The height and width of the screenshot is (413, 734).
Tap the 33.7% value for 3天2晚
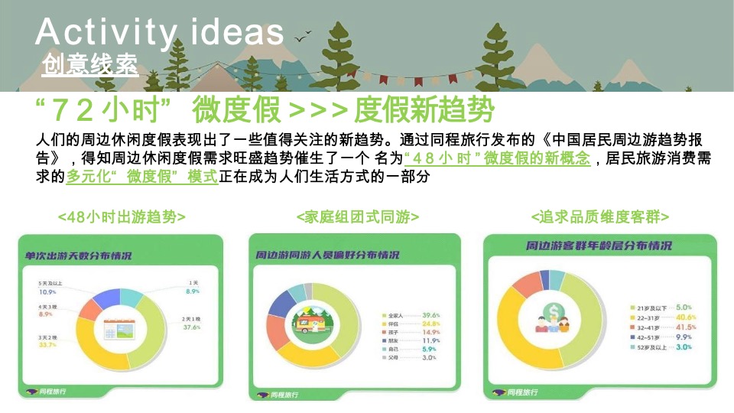pyautogui.click(x=47, y=345)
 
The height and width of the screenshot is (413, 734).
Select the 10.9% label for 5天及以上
pyautogui.click(x=47, y=292)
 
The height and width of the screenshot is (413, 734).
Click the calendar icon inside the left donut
pyautogui.click(x=120, y=327)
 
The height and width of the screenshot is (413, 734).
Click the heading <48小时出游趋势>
pyautogui.click(x=122, y=217)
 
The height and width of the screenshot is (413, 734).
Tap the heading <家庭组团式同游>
pyautogui.click(x=357, y=217)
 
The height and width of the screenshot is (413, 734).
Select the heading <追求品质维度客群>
pyautogui.click(x=600, y=217)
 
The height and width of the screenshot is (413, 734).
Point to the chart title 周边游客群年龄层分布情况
pyautogui.click(x=599, y=246)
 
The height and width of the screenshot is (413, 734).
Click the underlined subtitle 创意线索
pyautogui.click(x=90, y=66)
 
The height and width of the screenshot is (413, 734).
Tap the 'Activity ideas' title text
pyautogui.click(x=160, y=32)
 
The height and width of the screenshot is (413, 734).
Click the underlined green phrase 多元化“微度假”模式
pyautogui.click(x=142, y=177)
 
